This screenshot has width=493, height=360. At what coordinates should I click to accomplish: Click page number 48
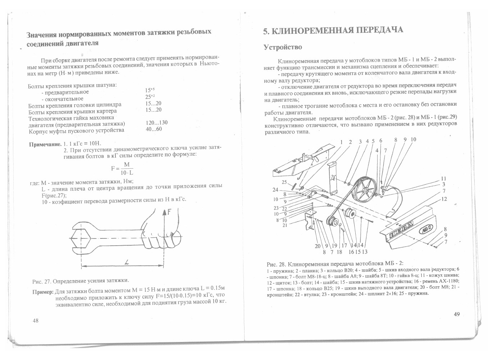click(x=36, y=320)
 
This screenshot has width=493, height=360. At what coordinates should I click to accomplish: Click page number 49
click(x=457, y=314)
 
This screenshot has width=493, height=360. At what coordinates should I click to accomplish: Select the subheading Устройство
click(x=283, y=47)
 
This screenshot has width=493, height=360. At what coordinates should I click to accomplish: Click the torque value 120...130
click(x=156, y=122)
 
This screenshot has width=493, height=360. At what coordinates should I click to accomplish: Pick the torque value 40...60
click(x=154, y=129)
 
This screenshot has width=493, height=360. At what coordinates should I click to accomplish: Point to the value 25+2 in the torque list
click(x=150, y=96)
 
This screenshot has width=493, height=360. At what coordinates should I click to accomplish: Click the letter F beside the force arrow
click(x=169, y=212)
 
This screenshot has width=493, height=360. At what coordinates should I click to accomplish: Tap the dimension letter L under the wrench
click(x=127, y=262)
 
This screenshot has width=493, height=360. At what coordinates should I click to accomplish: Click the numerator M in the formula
click(x=127, y=164)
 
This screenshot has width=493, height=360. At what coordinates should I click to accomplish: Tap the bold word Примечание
click(x=45, y=145)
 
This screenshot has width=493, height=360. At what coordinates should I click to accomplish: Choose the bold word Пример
click(x=43, y=292)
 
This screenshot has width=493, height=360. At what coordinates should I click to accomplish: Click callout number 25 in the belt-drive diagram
click(x=284, y=182)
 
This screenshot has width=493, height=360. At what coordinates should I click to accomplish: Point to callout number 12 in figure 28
click(x=444, y=199)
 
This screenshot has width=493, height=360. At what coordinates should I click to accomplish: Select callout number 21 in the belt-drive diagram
click(x=285, y=225)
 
